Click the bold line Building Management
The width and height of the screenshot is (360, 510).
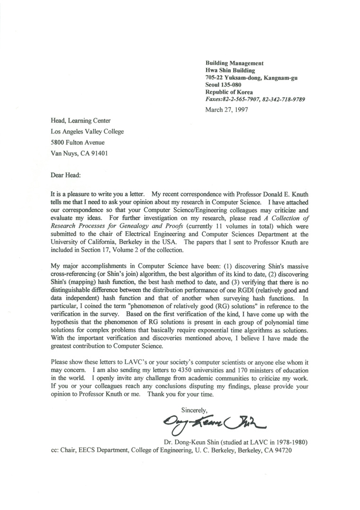point(234,63)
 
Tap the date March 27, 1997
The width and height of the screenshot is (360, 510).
point(226,110)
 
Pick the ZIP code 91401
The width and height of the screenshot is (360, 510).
point(103,153)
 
